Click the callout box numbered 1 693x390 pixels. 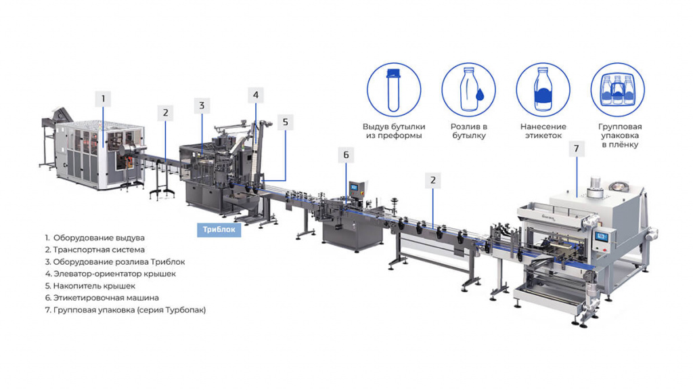tap(104, 99)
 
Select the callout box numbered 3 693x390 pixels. tap(202, 106)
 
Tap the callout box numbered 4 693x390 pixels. tap(256, 95)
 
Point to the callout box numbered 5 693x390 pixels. tap(286, 122)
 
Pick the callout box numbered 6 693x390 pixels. tap(346, 155)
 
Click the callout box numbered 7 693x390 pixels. tap(577, 148)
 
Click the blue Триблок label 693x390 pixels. tap(219, 230)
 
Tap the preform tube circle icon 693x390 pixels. tap(394, 90)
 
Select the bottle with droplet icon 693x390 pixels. tap(468, 90)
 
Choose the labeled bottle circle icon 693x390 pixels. tap(543, 90)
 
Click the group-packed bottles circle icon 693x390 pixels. tap(618, 90)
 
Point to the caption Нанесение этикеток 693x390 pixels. tap(543, 131)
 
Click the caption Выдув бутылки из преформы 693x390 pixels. tap(394, 131)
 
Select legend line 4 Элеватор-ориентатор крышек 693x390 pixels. tap(110, 274)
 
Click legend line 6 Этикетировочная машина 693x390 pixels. tap(102, 298)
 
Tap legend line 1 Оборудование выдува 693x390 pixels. tap(95, 238)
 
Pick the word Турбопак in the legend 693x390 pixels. tap(184, 310)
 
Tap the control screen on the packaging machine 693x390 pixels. tap(602, 236)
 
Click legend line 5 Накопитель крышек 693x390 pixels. tap(90, 286)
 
